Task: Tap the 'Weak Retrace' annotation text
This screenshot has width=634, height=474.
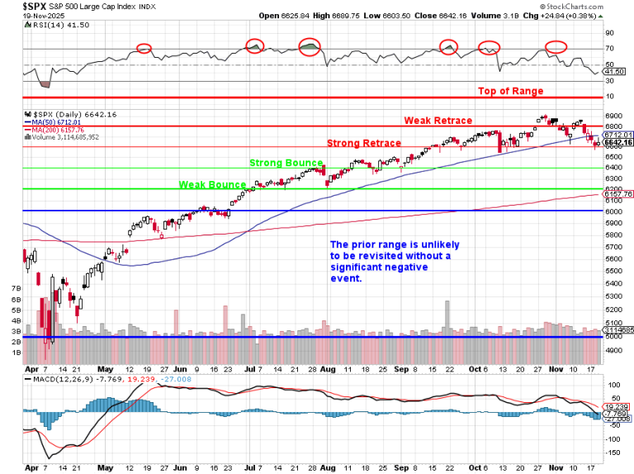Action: (x=438, y=121)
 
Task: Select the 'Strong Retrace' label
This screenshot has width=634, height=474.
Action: (x=364, y=143)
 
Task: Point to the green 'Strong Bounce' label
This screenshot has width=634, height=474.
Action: (x=286, y=164)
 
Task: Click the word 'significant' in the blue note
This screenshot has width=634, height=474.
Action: (x=357, y=268)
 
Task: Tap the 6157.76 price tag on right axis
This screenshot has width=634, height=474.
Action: (x=617, y=194)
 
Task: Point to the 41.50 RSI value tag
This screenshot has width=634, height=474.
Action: (x=614, y=73)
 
